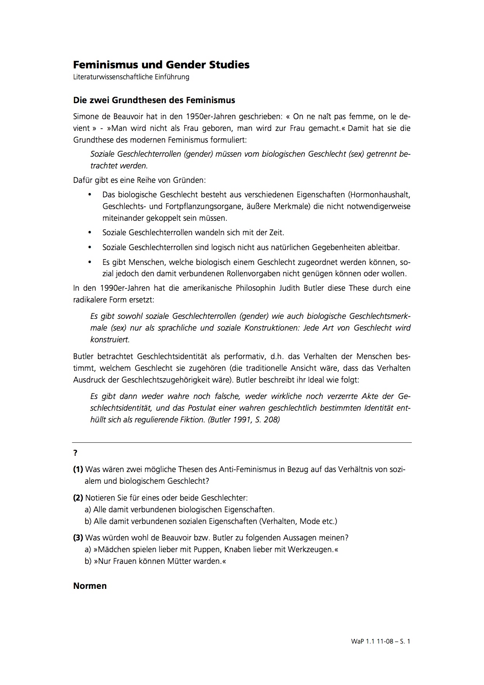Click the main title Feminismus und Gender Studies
tap(161, 64)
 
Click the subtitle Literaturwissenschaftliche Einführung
tap(131, 77)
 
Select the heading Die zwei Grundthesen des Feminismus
tap(154, 100)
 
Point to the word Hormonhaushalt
tap(380, 194)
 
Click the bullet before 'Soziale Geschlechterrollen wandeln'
tap(90, 233)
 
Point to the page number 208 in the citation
tap(272, 420)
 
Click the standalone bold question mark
tap(75, 453)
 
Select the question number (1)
tap(78, 469)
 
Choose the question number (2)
tap(78, 498)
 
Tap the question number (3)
tap(78, 538)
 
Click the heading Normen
tap(90, 586)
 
